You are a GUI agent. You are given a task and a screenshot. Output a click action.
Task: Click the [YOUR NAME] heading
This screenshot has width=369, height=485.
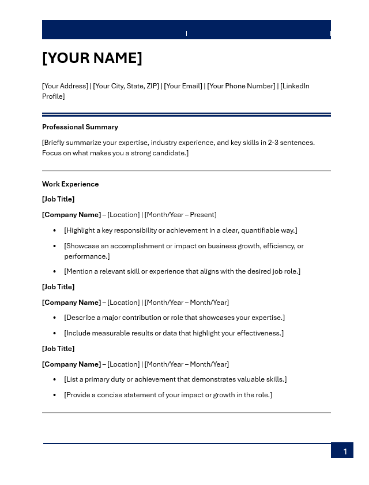tap(92, 58)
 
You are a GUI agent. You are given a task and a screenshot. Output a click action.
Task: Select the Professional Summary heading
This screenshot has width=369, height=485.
tap(80, 127)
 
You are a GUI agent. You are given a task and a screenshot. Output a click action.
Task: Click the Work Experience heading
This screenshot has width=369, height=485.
tap(70, 184)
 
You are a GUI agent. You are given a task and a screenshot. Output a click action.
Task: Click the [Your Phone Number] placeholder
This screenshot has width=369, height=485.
tap(241, 86)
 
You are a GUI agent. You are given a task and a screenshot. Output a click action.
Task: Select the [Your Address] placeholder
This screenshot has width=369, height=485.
tap(65, 86)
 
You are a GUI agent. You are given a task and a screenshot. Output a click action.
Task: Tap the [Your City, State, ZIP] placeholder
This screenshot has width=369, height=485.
tap(126, 86)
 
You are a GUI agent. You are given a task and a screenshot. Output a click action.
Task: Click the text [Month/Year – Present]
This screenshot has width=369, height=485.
tap(180, 215)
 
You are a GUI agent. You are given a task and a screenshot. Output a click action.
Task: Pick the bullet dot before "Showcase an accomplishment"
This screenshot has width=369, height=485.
tap(55, 246)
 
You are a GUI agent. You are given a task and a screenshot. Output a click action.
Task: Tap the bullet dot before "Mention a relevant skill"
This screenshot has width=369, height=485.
tap(55, 271)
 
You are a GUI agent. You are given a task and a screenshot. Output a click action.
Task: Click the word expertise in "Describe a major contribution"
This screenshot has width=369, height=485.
tap(266, 318)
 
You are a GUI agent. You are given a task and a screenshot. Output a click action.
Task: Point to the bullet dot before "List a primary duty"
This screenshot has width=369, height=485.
tap(55, 379)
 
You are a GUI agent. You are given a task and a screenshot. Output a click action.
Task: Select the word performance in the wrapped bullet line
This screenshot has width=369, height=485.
tap(86, 256)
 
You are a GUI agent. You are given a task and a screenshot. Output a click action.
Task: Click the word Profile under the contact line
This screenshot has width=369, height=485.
tap(52, 96)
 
